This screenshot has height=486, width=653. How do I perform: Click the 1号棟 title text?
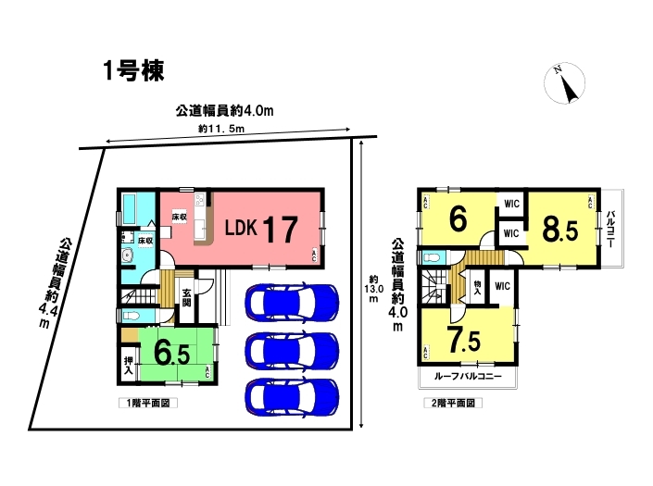click(x=133, y=70)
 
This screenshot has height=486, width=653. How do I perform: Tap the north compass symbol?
click(x=564, y=82)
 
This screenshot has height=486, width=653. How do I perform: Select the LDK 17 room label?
click(x=261, y=229)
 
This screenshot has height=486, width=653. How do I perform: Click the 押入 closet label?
click(x=129, y=366)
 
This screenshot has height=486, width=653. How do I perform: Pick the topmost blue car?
click(x=292, y=303)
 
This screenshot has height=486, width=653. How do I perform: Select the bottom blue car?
click(x=292, y=396)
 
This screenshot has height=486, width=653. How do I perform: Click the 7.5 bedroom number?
click(x=463, y=339)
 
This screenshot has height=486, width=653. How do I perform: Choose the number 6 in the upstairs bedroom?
click(x=458, y=218)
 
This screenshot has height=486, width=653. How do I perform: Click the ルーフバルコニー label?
click(x=468, y=377)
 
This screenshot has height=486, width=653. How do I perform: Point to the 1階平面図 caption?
click(x=148, y=403)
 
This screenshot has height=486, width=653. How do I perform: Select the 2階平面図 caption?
click(x=453, y=403)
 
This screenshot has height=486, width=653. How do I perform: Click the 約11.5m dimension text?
click(x=221, y=129)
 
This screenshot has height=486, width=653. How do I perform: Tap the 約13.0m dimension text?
click(x=373, y=288)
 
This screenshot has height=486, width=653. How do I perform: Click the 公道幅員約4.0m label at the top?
click(x=224, y=111)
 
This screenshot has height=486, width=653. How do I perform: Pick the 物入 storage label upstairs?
click(x=477, y=288)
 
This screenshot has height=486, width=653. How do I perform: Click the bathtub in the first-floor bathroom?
click(x=132, y=210)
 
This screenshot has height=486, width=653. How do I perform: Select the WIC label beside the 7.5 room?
click(x=502, y=286)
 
